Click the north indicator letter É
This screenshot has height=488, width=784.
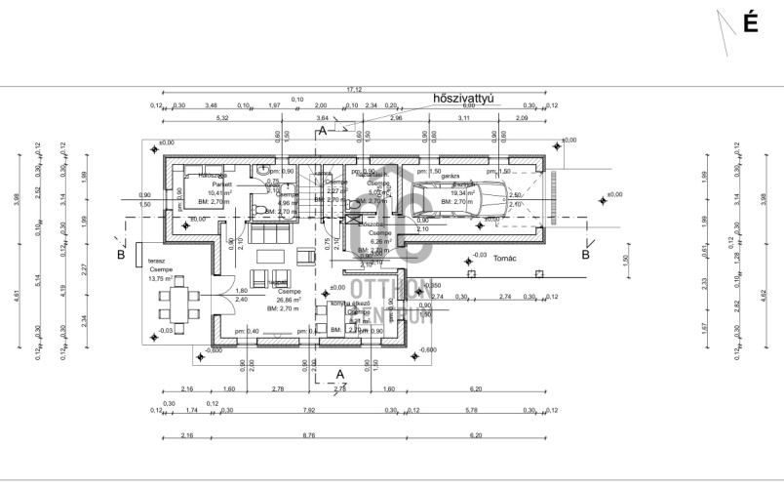[750, 24]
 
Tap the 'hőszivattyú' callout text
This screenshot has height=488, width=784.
[466, 99]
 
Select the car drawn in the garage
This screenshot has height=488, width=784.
[458, 198]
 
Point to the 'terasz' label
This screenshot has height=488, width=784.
[155, 261]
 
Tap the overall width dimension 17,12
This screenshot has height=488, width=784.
[354, 89]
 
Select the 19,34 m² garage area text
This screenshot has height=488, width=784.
[459, 193]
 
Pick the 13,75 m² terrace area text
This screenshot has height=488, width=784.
[160, 278]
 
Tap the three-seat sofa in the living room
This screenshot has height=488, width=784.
[270, 235]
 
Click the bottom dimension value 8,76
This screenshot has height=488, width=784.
[309, 435]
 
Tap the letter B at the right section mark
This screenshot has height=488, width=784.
[586, 255]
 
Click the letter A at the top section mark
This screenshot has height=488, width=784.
[322, 130]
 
